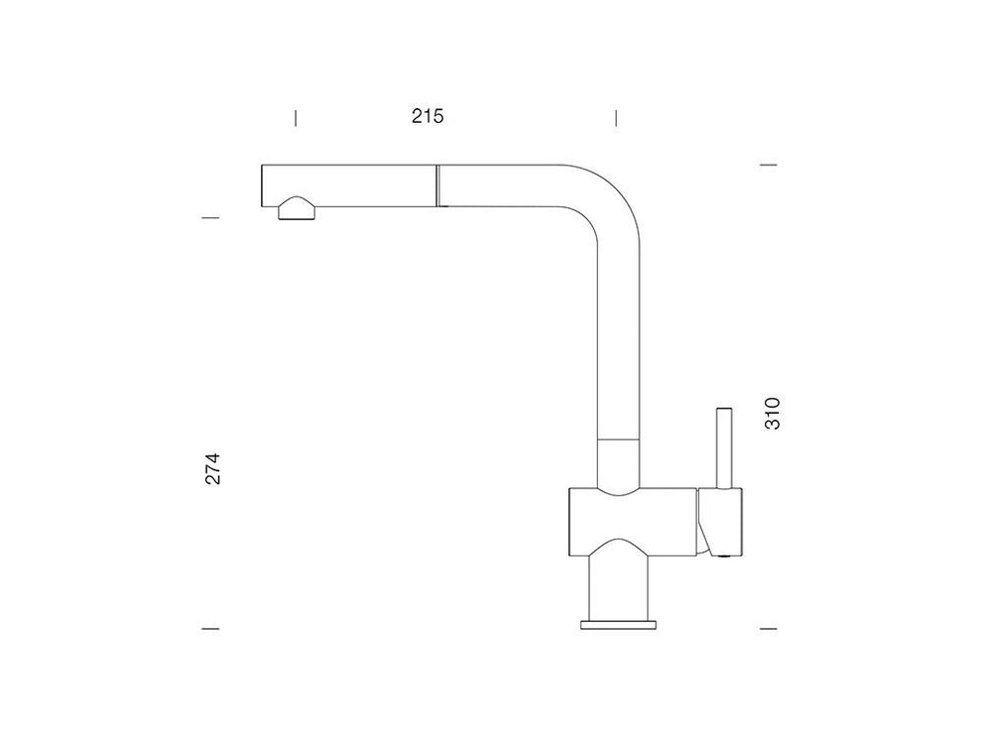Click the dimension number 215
(x=428, y=116)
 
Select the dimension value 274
(x=213, y=468)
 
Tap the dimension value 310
(x=772, y=414)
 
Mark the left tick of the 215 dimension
(x=296, y=118)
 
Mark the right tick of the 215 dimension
(x=616, y=118)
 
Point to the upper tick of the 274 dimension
(x=210, y=218)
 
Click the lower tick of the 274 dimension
(x=210, y=628)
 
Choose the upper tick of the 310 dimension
(x=769, y=166)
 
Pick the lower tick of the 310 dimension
(x=769, y=628)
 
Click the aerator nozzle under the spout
(x=297, y=209)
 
